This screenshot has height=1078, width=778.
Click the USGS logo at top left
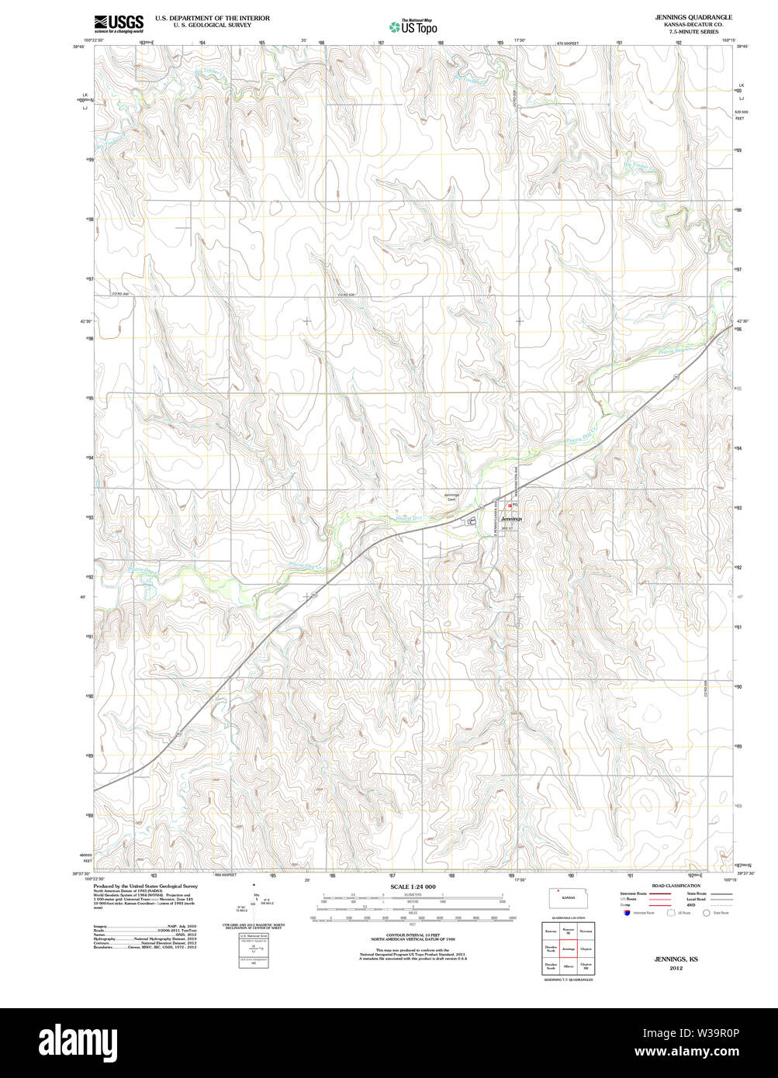[118, 23]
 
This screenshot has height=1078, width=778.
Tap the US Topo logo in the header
[413, 26]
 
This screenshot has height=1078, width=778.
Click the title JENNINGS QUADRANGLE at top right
[693, 17]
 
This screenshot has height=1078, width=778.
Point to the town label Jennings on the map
[511, 518]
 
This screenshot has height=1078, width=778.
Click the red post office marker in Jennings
[509, 505]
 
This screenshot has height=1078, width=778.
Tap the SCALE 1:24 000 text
[413, 886]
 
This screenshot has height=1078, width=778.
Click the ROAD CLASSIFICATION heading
[676, 886]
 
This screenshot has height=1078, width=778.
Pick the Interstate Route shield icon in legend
[626, 913]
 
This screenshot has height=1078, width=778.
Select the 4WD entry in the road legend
[692, 904]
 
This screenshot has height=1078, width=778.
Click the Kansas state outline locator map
[569, 898]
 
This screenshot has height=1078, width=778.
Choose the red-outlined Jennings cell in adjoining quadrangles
[569, 948]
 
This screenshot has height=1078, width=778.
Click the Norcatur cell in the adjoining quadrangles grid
[586, 931]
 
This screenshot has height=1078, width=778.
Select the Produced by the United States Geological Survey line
[145, 886]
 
